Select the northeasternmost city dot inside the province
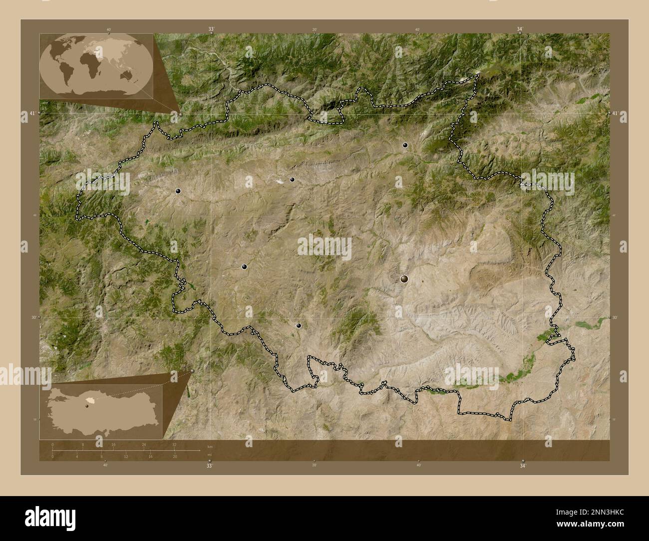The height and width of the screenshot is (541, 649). click(x=405, y=145)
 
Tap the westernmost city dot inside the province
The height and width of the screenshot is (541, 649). click(x=178, y=191)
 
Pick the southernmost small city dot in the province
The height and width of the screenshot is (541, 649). click(x=299, y=325)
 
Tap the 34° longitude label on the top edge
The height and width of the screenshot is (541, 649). click(x=520, y=29)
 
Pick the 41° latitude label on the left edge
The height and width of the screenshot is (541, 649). click(x=32, y=114)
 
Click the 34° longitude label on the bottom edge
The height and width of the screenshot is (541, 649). click(x=523, y=466)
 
